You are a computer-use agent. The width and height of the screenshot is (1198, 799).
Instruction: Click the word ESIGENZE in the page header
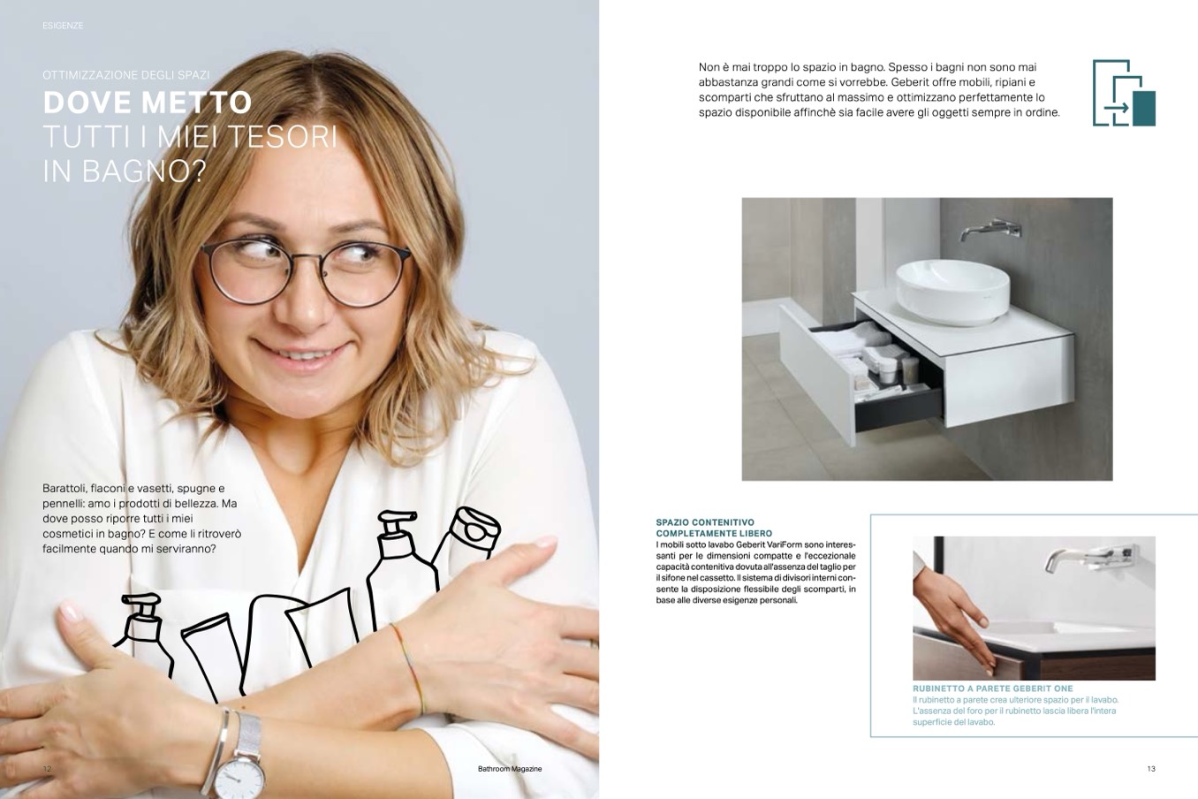[63, 25]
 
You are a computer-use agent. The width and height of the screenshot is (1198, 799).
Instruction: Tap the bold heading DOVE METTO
[147, 103]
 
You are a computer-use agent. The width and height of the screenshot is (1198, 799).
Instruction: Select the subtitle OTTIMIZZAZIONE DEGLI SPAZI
[126, 75]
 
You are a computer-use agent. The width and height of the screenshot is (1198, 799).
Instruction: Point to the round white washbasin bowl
[952, 292]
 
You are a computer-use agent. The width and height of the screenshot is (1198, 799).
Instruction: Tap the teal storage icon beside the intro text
[1124, 93]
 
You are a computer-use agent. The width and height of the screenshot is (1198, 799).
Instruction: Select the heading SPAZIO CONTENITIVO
[705, 522]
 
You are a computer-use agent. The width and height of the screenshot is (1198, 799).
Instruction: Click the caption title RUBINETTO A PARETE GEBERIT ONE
[993, 689]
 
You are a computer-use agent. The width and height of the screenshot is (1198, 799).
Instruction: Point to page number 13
[1151, 768]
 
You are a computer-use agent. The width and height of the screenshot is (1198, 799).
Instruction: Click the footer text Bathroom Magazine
[510, 769]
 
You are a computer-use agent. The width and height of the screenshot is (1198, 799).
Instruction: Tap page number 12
[47, 768]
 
